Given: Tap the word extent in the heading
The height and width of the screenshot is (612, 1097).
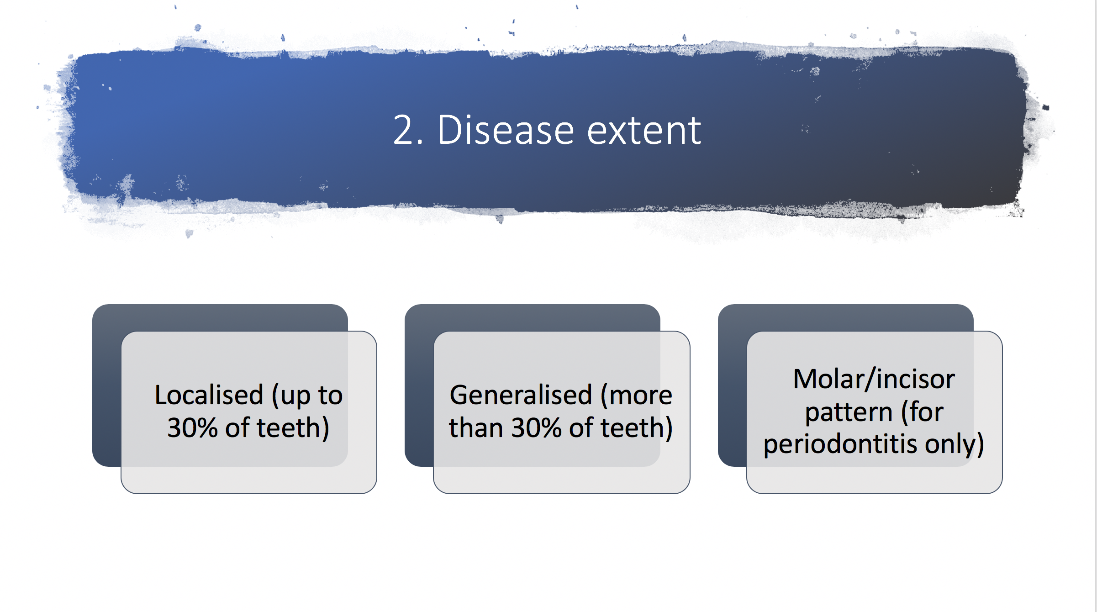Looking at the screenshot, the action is point(644,131).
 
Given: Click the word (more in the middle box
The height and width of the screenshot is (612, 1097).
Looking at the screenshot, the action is point(636,396).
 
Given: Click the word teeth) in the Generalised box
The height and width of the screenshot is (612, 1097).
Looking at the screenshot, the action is point(637,428).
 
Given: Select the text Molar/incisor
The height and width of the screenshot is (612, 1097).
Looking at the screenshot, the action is point(874,379).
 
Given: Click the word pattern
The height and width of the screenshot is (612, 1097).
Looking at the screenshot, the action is point(849,413).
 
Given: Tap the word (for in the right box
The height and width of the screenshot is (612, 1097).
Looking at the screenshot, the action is point(922,412).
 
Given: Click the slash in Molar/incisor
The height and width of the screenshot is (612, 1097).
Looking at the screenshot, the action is point(870,379).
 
